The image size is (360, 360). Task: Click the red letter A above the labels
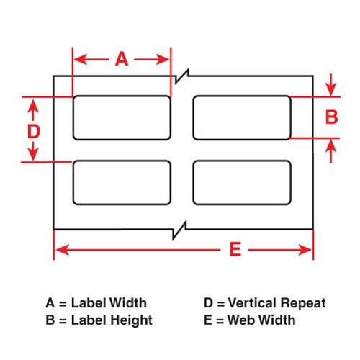pos(122,59)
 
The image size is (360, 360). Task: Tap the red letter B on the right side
pos(331,117)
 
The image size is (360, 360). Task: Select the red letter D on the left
pos(34,132)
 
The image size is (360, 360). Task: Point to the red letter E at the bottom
pos(235,249)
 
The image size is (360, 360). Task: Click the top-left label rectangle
pos(122,117)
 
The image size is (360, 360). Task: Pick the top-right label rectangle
pos(242,117)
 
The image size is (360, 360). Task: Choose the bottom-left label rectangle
pos(122,183)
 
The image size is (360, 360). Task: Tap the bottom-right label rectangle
pos(242,183)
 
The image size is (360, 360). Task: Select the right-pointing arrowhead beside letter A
pos(163,59)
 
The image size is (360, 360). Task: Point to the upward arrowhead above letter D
pos(33,107)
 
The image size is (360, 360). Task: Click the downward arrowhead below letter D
pos(33,154)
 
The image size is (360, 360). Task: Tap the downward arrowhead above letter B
pos(331,89)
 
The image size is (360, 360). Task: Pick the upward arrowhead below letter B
pos(331,146)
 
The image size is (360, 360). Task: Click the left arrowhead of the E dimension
pos(62,250)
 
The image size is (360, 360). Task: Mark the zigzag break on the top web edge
pos(182,76)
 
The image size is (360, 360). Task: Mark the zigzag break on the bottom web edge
pos(179,230)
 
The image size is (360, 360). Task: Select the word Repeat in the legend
pos(303,303)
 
